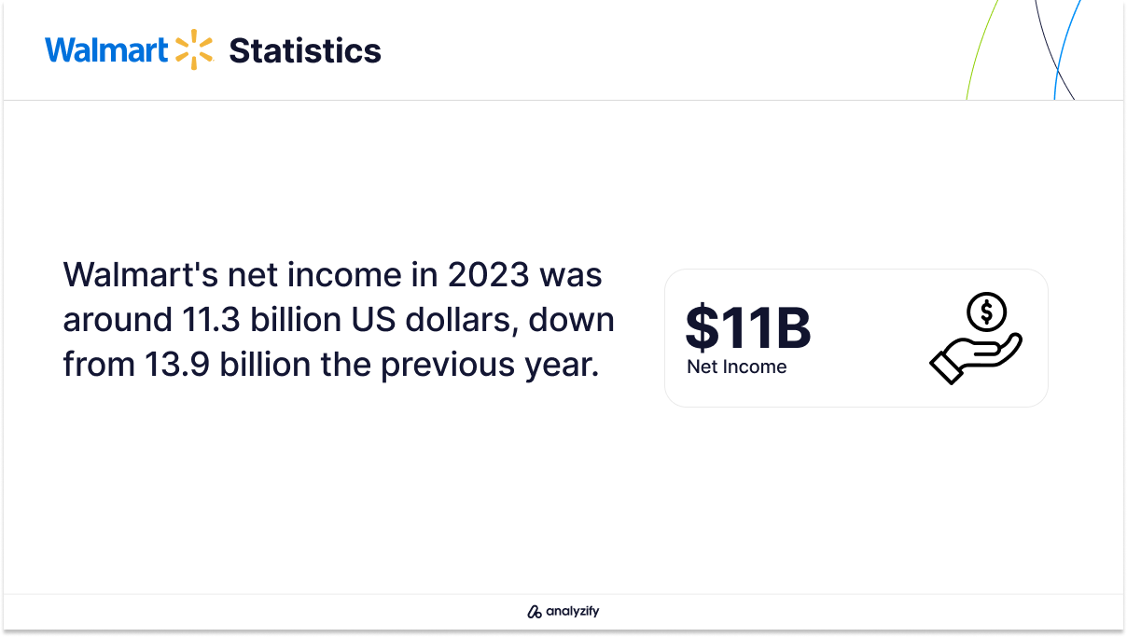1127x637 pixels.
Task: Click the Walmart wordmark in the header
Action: (106, 49)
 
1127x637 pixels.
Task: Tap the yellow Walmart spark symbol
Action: (194, 49)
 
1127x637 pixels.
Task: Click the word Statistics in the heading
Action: (305, 50)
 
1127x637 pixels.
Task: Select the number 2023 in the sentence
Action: (488, 275)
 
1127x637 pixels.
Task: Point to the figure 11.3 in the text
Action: (211, 320)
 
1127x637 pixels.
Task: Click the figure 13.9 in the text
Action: (176, 365)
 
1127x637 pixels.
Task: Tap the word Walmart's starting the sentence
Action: (140, 275)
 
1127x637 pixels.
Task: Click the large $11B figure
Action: (748, 328)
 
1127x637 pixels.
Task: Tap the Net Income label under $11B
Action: (737, 367)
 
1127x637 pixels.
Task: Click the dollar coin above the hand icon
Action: (987, 312)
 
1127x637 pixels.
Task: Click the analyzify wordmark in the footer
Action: (573, 611)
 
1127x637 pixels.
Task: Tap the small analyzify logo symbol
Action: (534, 612)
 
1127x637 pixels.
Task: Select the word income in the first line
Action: (344, 275)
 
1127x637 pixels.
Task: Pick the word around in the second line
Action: (118, 320)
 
